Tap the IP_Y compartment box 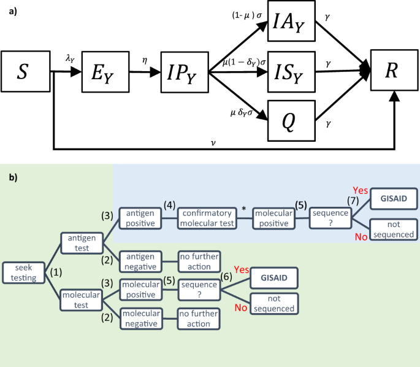[185, 72]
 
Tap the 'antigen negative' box [141, 262]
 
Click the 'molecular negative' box [141, 318]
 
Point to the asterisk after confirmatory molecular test [244, 210]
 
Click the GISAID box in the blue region [394, 198]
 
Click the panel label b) [13, 177]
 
